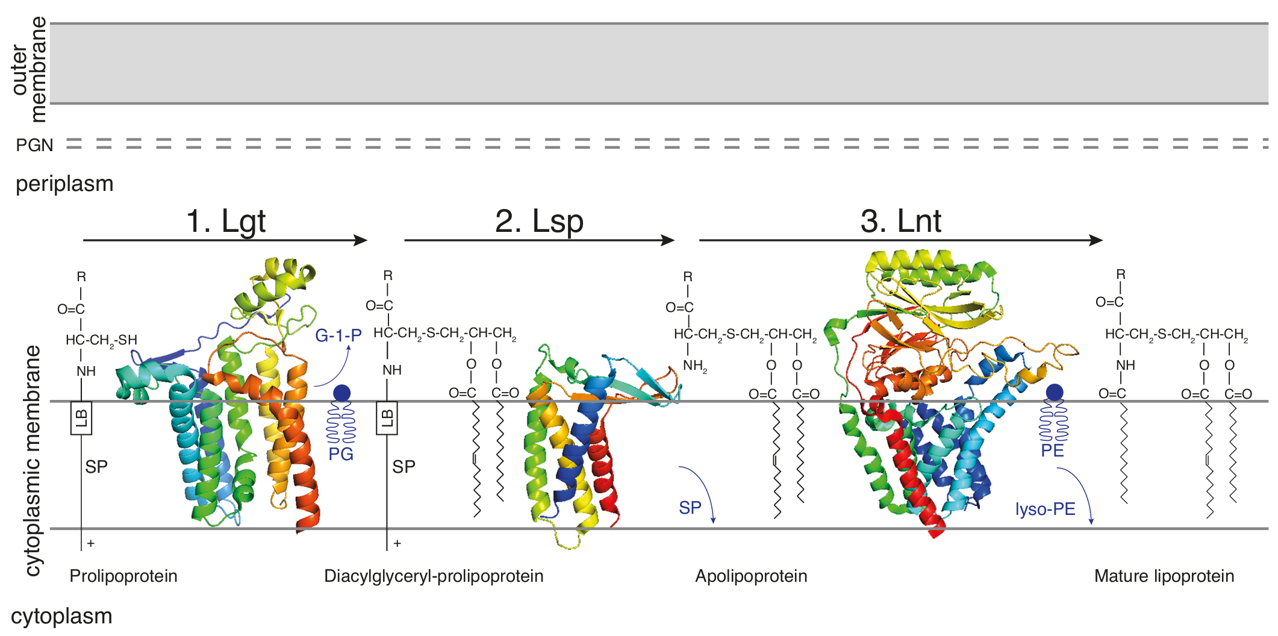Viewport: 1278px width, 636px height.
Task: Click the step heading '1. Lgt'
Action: coord(226,221)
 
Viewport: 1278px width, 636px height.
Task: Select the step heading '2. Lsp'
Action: coord(539,221)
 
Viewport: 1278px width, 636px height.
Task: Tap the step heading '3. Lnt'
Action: coord(900,221)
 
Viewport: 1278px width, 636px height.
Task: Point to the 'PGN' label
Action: coord(34,145)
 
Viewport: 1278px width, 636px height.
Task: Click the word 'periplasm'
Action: coord(64,184)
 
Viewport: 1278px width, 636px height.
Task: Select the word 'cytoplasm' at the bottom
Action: coord(61,616)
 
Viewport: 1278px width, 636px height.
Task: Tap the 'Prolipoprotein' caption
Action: coord(123,576)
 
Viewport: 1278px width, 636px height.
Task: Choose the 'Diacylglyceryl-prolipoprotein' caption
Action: coord(434,576)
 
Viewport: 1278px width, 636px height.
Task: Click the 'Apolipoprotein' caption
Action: coord(751,576)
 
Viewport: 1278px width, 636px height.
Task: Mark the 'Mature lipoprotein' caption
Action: coord(1164,576)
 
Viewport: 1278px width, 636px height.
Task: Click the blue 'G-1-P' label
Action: coord(338,335)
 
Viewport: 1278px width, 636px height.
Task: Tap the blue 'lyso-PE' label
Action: coord(1045,510)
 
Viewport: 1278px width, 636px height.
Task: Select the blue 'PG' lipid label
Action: coord(341,454)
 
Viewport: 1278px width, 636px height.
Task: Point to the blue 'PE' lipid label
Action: coord(1053,450)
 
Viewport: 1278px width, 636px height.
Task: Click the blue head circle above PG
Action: coord(341,393)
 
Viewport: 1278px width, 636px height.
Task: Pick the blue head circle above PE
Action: coord(1054,393)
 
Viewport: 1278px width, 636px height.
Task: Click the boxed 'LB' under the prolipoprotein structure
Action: coord(81,418)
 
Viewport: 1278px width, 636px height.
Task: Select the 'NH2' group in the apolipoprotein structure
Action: coord(694,366)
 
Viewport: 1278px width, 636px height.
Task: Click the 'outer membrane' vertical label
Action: coord(28,69)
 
